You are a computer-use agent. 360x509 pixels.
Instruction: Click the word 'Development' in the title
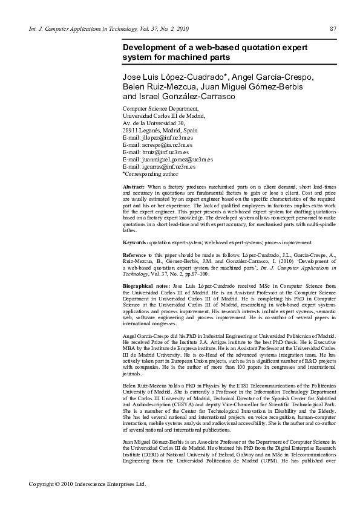point(149,47)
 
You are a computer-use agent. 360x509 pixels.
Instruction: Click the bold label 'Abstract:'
point(134,188)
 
